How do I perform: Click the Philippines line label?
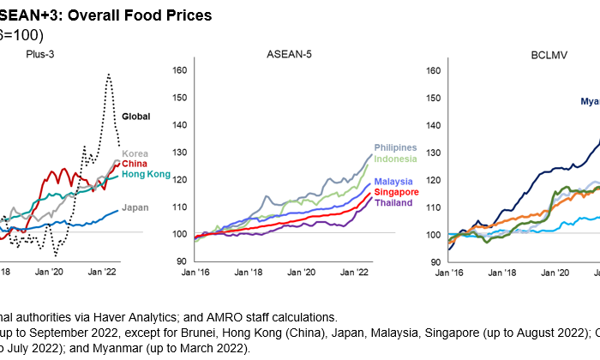click(x=395, y=148)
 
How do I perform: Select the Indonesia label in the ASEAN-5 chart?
click(x=394, y=159)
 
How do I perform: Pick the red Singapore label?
click(x=395, y=192)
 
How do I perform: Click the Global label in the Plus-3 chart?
click(x=137, y=116)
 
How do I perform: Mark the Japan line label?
click(x=135, y=207)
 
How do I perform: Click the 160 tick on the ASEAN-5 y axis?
click(x=180, y=69)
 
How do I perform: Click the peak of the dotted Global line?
click(x=109, y=75)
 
